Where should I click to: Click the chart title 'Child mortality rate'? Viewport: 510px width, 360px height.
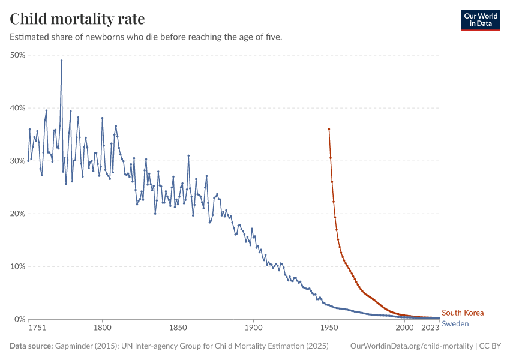tap(77, 19)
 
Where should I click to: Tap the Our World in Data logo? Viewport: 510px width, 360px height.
tap(480, 20)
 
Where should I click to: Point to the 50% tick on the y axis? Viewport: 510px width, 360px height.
tap(17, 55)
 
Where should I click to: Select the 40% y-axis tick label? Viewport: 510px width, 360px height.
tap(17, 108)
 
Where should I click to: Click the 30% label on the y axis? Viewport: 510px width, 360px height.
tap(17, 161)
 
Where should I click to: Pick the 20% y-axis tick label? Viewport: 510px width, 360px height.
tap(17, 214)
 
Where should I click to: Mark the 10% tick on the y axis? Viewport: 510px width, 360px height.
tap(17, 266)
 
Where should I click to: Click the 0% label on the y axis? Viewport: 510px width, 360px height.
tap(20, 319)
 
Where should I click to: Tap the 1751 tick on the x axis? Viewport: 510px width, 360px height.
tap(37, 328)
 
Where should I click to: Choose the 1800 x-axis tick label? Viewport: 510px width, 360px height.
tap(103, 328)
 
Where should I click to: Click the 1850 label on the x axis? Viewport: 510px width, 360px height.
tap(178, 328)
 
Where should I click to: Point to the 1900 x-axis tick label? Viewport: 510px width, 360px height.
tap(253, 328)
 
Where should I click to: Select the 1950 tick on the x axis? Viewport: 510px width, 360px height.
tap(329, 328)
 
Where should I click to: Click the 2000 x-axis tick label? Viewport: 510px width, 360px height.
tap(404, 328)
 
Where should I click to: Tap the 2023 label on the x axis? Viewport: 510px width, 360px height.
tap(430, 328)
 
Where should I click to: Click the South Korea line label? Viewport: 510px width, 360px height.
tap(462, 313)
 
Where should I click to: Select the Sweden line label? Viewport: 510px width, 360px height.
tap(455, 324)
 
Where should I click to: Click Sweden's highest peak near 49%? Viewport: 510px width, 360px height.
tap(61, 61)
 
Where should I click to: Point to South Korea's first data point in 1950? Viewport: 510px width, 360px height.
tap(329, 129)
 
